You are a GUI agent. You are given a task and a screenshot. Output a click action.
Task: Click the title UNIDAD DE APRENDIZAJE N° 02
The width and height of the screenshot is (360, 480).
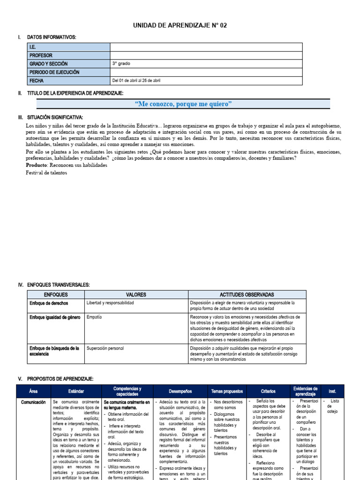point(180,25)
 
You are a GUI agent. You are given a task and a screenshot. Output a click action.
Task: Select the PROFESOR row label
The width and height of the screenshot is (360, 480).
point(41,55)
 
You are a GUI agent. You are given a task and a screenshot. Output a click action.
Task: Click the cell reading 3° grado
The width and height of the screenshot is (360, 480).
point(121,64)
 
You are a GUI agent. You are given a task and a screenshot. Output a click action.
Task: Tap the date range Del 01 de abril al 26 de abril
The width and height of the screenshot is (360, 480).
point(136,81)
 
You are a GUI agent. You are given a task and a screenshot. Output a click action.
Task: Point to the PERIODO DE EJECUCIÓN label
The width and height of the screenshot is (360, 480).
point(54,72)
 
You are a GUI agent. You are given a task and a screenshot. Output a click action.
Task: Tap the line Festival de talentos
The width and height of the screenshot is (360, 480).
point(46,173)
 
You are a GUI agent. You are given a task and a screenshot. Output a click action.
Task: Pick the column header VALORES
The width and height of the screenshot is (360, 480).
point(136,294)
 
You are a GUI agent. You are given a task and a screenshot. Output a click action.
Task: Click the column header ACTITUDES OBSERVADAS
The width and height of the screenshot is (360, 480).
point(247,294)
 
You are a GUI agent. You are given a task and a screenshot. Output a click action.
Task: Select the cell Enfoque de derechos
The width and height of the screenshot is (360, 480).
point(49,303)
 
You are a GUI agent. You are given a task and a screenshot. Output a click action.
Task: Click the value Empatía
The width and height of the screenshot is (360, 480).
point(94,317)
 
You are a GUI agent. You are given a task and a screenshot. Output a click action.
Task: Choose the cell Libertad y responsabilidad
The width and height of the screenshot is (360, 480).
point(110,303)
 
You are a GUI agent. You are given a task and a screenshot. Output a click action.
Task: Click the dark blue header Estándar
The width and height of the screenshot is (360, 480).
point(76,391)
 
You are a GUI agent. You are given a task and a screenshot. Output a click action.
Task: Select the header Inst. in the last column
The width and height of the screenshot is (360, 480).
point(332,391)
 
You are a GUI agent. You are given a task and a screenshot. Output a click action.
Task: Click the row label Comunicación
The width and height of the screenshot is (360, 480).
point(33,402)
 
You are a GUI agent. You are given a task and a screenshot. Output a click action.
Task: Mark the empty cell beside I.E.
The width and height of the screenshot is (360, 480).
point(206,47)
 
